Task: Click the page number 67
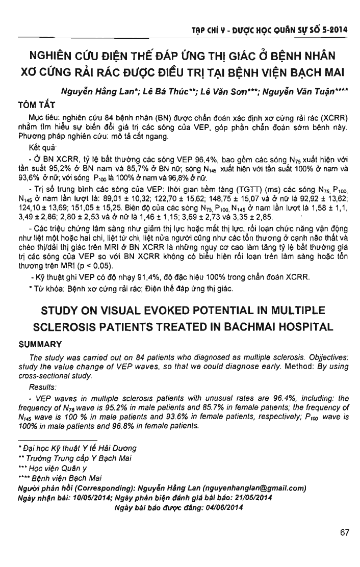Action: [344, 533]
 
